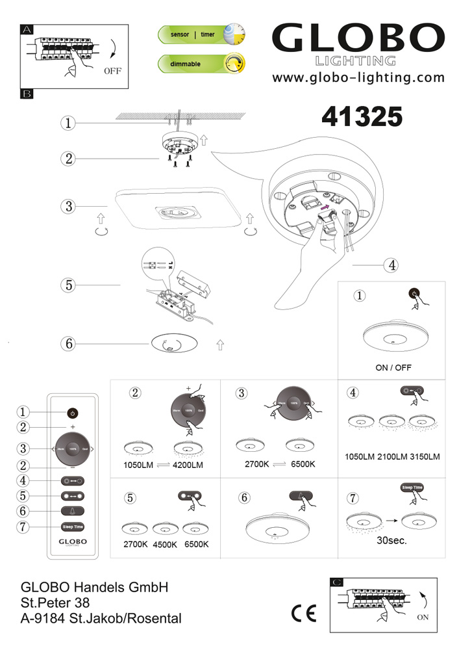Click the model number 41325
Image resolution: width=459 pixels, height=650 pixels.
(x=362, y=116)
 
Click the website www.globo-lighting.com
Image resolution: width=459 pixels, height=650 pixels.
(x=358, y=78)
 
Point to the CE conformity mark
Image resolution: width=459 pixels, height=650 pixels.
(x=304, y=613)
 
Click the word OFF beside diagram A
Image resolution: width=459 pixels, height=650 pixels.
(x=112, y=71)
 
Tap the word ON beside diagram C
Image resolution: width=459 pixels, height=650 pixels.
(x=423, y=617)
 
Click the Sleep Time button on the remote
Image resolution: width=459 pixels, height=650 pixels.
(x=73, y=527)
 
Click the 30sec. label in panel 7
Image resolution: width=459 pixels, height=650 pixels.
(x=391, y=540)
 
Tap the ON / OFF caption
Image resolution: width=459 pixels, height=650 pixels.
(x=393, y=367)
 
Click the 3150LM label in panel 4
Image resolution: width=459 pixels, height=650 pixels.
(x=425, y=457)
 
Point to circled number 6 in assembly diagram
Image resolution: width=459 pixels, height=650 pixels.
(x=68, y=344)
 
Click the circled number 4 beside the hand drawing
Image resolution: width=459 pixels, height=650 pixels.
(x=390, y=265)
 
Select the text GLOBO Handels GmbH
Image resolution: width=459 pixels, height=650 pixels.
(x=95, y=588)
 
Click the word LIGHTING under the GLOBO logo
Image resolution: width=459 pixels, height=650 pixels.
(x=354, y=61)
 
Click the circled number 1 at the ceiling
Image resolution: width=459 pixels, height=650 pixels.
(x=68, y=123)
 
